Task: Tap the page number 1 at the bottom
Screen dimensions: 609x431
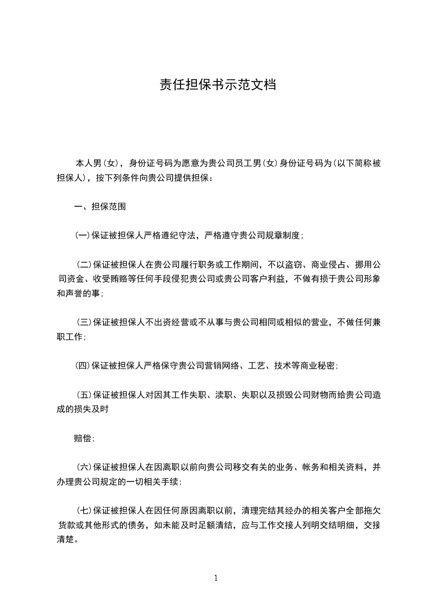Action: tap(216, 578)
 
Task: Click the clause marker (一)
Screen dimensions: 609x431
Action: tap(83, 236)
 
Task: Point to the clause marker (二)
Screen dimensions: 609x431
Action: tap(84, 265)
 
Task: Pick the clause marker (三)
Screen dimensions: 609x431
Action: tap(84, 322)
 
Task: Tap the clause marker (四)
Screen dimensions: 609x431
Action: tap(83, 366)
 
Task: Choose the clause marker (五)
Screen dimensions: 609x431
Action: tap(84, 395)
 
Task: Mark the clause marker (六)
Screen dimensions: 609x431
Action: tap(84, 467)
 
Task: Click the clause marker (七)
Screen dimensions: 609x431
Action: tap(84, 510)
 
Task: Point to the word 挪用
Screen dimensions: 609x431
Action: tap(360, 265)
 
